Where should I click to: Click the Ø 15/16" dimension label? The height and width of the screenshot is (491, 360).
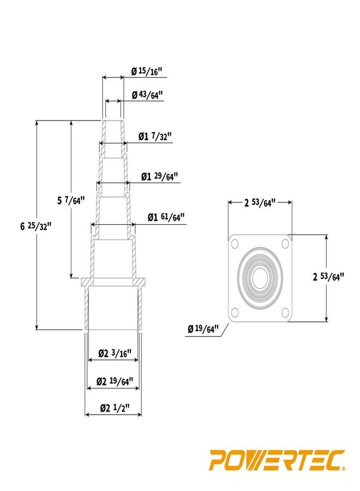pos(147,71)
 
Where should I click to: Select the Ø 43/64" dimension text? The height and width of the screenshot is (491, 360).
pos(147,95)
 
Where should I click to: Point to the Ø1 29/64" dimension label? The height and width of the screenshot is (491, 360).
pos(160,176)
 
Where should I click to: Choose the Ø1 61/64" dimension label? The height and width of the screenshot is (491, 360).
pos(166,217)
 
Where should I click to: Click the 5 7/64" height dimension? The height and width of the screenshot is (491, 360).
pos(71,200)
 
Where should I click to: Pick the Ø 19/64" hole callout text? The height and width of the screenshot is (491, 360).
pos(203,328)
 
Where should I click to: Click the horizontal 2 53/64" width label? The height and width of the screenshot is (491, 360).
pos(260,203)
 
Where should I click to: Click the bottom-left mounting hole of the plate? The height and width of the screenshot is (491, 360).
pos(235,313)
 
